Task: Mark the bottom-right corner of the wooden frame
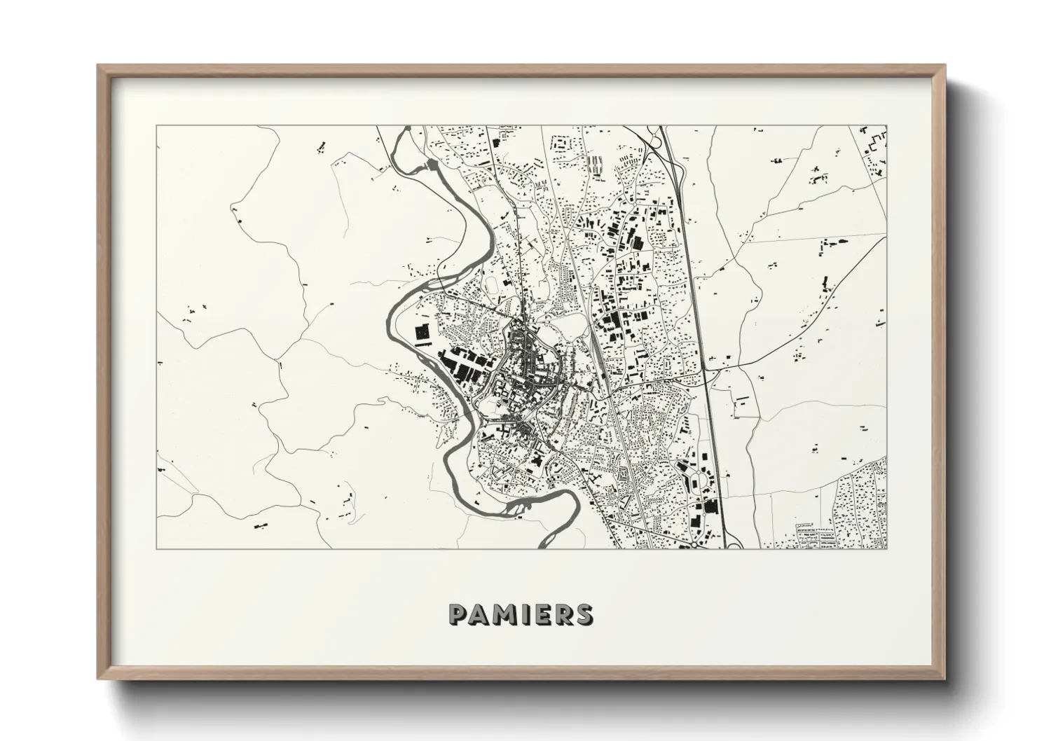(x=944, y=681)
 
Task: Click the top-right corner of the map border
(x=887, y=127)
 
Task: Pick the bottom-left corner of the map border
(x=157, y=548)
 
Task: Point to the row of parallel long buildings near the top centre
(x=596, y=165)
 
